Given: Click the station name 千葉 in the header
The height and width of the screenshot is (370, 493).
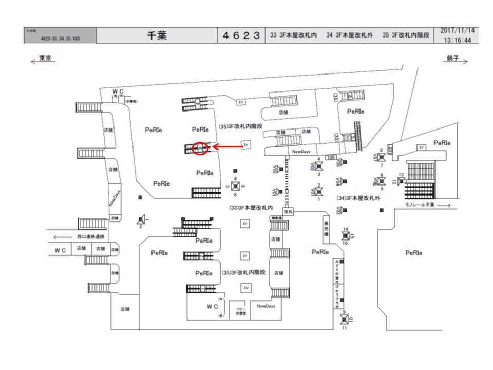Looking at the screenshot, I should coord(158,36).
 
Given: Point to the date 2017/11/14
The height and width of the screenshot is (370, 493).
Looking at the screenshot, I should coord(457,31).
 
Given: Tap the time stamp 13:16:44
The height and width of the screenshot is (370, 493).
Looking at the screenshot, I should coord(457,41).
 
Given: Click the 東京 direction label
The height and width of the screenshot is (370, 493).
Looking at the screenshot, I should coord(43,60).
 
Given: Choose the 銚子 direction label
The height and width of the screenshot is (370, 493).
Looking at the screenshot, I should coord(452,60).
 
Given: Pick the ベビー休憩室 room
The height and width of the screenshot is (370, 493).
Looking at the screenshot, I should coord(237,311).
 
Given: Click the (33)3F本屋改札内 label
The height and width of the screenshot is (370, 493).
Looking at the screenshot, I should coord(250,207).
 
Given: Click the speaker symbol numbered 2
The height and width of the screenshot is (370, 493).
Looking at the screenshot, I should coord(142,219).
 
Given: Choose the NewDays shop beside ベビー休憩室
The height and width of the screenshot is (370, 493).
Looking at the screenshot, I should coord(266,306).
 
